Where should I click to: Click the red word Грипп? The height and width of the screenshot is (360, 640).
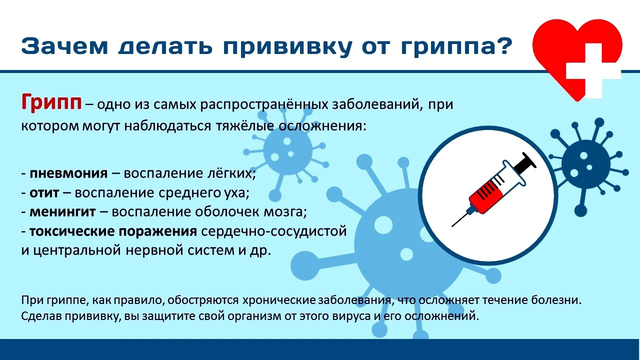tap(51, 103)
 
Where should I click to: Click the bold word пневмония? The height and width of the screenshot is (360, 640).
tap(68, 173)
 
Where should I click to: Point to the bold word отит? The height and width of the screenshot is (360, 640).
tap(44, 192)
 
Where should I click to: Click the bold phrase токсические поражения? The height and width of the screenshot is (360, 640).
tap(112, 231)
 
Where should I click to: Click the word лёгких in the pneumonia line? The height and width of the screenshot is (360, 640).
tap(235, 173)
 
